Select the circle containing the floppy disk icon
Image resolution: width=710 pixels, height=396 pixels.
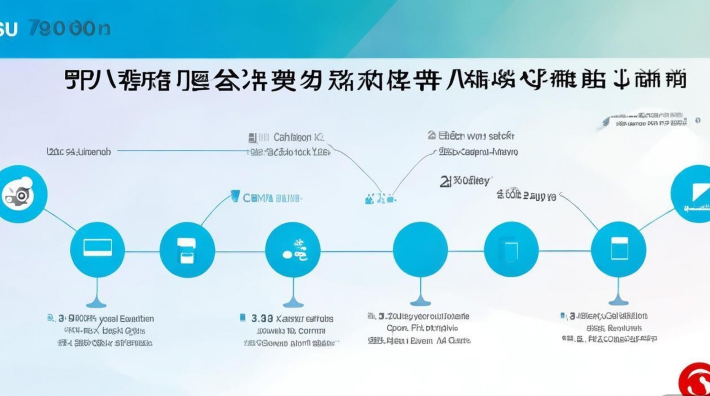(x=187, y=249)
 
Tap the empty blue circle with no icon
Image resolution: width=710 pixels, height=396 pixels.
(x=421, y=249)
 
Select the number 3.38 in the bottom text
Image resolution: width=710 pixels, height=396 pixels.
(x=262, y=318)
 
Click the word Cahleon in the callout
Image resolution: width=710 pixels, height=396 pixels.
(x=292, y=137)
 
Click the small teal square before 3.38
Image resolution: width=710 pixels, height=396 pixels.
(x=242, y=317)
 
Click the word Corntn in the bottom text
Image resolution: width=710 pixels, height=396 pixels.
(x=312, y=331)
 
